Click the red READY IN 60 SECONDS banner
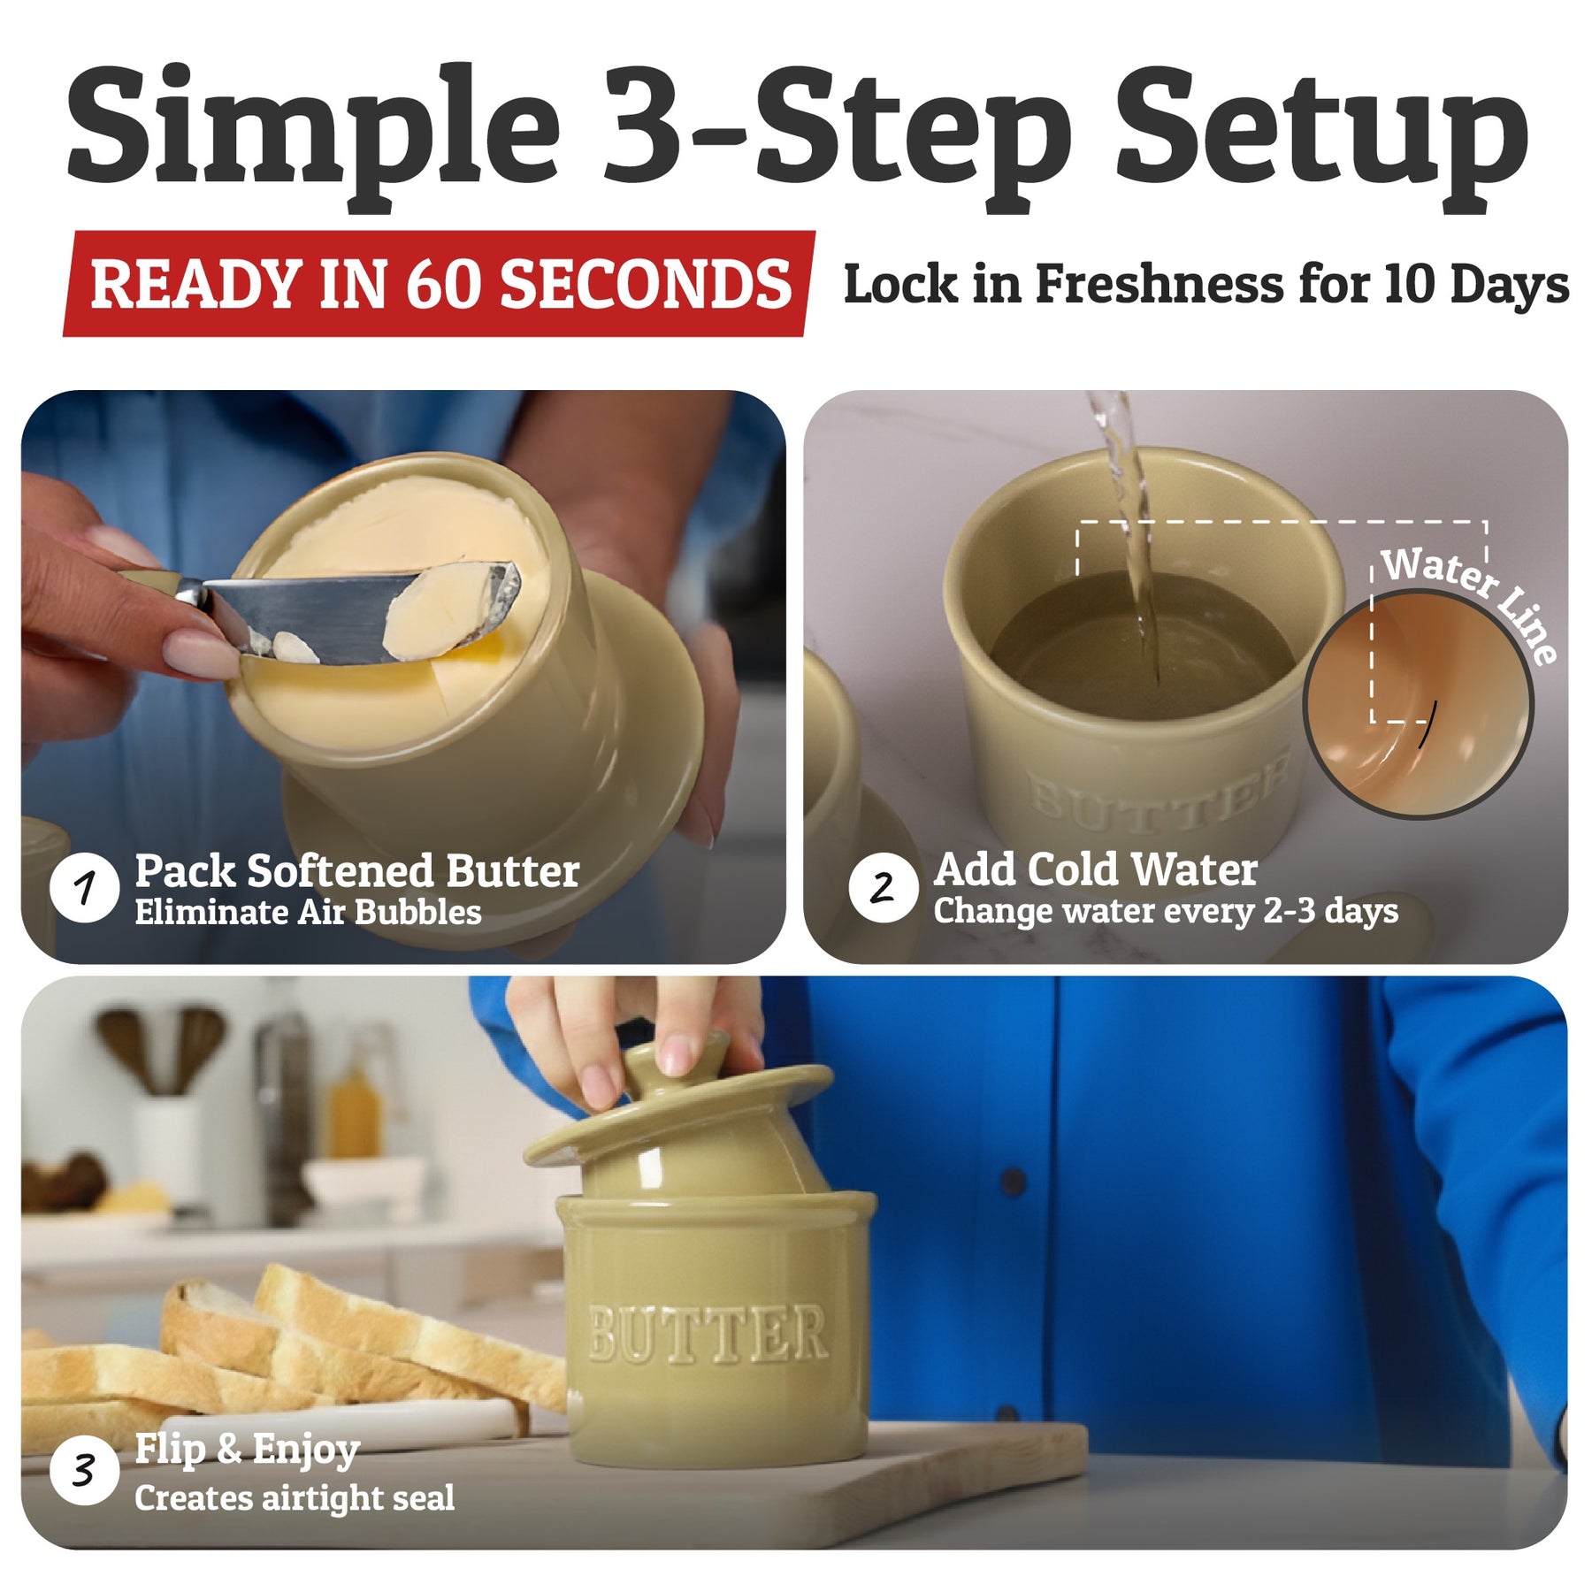[440, 283]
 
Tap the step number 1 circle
[84, 887]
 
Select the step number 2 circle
[883, 887]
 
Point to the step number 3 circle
[84, 1471]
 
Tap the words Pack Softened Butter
[357, 871]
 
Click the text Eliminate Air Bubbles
[308, 913]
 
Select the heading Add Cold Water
[1096, 869]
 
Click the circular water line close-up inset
[1418, 705]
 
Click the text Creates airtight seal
[295, 1497]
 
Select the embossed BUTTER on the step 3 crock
[708, 1333]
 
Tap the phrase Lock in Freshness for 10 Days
[1206, 285]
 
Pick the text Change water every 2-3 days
[1166, 911]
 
